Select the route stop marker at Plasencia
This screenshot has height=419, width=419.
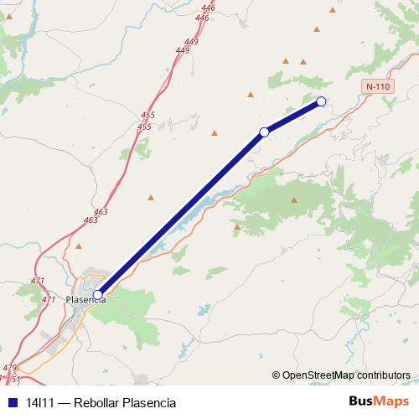(x=98, y=294)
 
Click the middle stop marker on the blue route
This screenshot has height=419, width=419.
(x=265, y=132)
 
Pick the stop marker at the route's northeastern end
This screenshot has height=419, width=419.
(x=321, y=102)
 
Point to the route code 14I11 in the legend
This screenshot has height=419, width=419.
(x=39, y=402)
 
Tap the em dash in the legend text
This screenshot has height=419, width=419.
(x=64, y=402)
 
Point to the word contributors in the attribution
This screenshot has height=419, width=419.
(x=382, y=375)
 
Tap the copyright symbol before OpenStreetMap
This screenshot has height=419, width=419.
(x=277, y=375)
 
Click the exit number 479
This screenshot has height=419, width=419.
(x=9, y=368)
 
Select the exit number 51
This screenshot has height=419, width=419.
(x=14, y=379)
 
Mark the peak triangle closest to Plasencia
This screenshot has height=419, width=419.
(x=79, y=246)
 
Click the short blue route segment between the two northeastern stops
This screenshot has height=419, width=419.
(x=293, y=116)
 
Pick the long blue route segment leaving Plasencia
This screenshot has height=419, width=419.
(x=181, y=213)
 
